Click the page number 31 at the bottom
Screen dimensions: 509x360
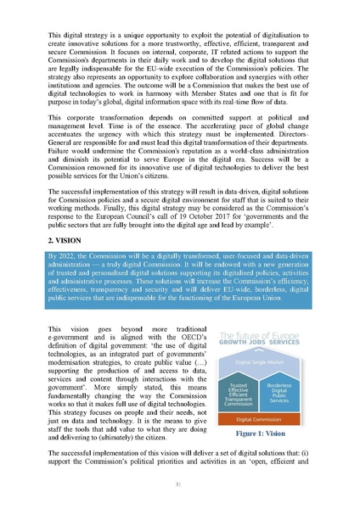180,485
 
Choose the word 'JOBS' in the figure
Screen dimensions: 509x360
267,344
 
